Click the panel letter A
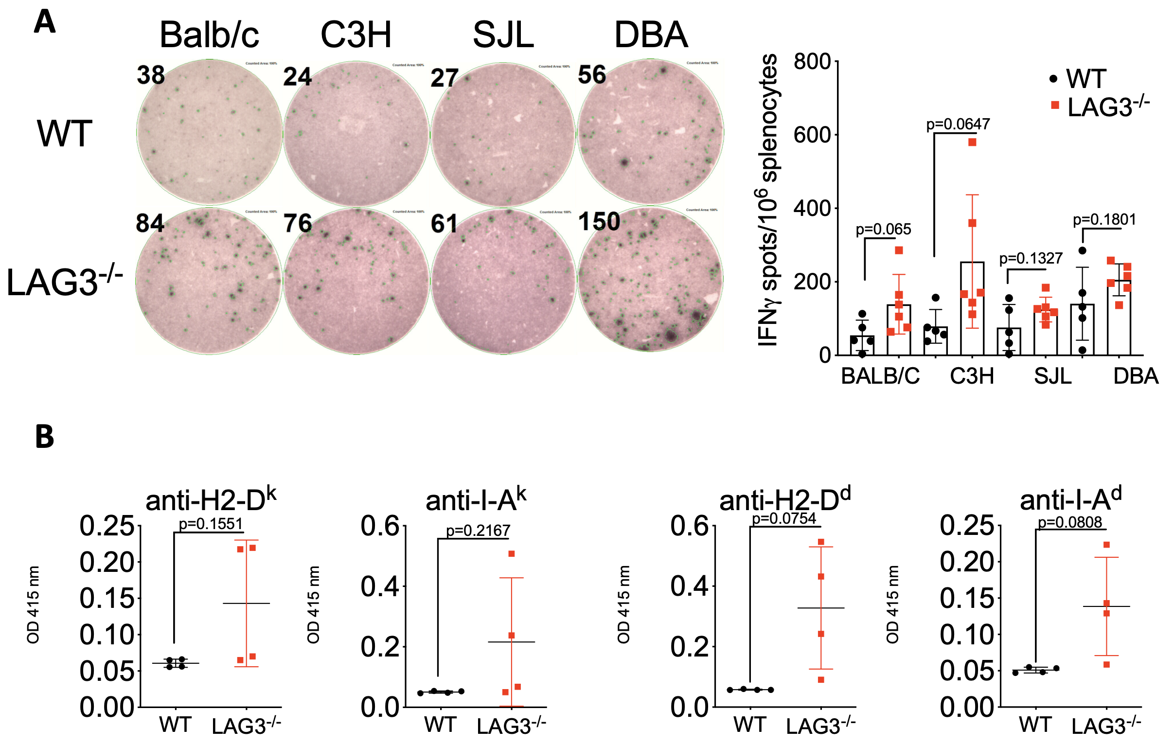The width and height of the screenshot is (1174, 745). (44, 22)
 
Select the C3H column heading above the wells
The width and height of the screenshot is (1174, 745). (356, 35)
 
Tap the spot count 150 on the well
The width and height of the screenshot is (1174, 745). (599, 222)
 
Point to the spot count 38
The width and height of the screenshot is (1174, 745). (151, 75)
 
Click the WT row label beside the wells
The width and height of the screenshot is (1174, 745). (64, 133)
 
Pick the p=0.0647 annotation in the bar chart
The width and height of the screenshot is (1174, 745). (958, 124)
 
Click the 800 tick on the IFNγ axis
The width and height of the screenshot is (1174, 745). (811, 62)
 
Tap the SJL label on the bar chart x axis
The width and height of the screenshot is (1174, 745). (1052, 376)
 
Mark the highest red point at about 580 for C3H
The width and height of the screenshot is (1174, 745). (972, 142)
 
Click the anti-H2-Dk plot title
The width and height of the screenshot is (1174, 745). (211, 500)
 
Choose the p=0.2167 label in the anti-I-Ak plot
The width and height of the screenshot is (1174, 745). (478, 530)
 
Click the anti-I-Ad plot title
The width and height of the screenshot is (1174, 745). (1070, 500)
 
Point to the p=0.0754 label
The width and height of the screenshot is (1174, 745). (783, 518)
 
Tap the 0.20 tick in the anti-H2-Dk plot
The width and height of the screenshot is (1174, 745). (107, 562)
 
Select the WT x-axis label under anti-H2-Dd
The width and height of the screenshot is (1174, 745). (749, 725)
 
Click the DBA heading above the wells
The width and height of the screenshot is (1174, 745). (651, 35)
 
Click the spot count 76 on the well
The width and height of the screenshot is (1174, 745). (298, 223)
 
